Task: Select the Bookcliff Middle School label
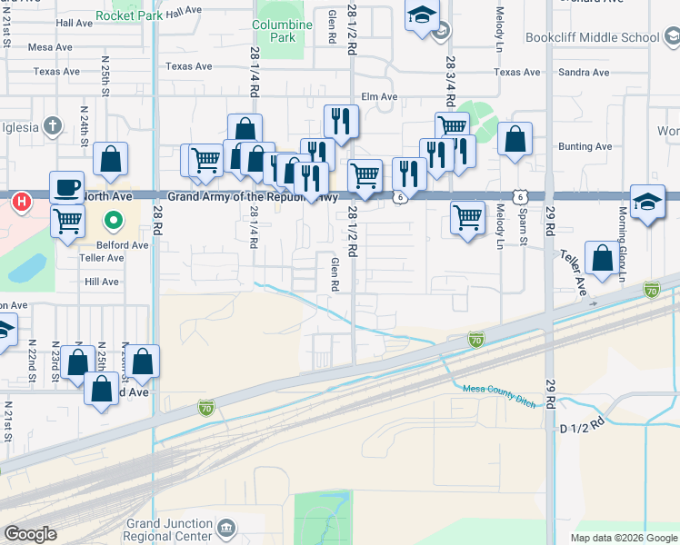[592, 38]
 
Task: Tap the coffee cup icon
[66, 187]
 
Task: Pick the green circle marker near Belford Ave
[114, 220]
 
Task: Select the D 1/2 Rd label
[582, 424]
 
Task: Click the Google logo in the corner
[31, 533]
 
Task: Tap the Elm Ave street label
[380, 96]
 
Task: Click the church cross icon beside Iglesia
[54, 124]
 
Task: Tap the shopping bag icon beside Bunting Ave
[515, 140]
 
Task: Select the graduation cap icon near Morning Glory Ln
[646, 201]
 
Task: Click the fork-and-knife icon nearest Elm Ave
[341, 120]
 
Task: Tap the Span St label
[524, 231]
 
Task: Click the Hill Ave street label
[102, 282]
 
